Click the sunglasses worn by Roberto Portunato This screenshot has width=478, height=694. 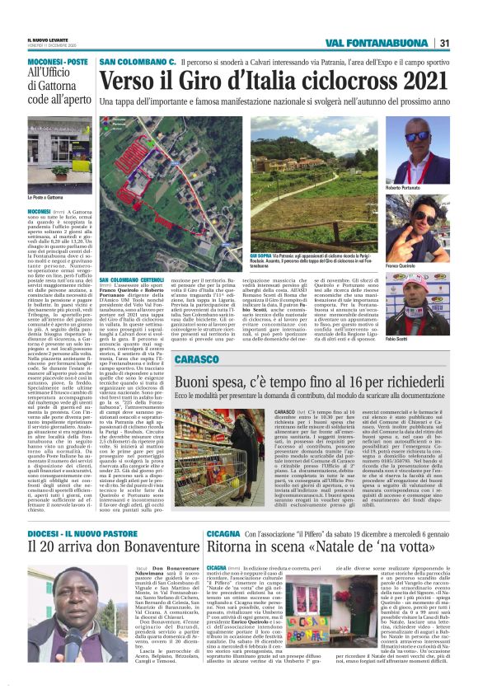click(417, 136)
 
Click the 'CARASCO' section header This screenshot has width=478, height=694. click(196, 360)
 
